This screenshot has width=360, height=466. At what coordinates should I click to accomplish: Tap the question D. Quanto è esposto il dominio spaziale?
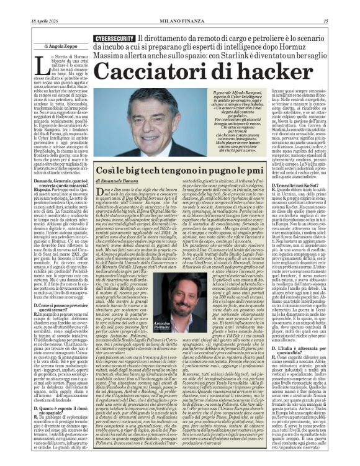(62, 392)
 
